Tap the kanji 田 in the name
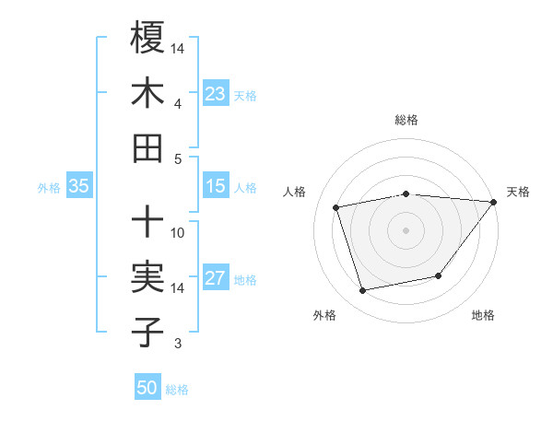click(x=147, y=147)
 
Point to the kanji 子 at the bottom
click(x=147, y=332)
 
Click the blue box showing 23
click(x=215, y=94)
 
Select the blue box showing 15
click(x=215, y=186)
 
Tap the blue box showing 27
click(x=215, y=278)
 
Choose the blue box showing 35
click(x=78, y=186)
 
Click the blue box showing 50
click(x=147, y=388)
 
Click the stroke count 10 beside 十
click(x=178, y=232)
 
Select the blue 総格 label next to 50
click(x=177, y=390)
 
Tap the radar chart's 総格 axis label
click(x=406, y=120)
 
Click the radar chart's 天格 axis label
click(x=518, y=192)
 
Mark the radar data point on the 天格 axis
click(x=493, y=203)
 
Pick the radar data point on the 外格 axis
click(x=363, y=291)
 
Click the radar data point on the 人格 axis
click(x=336, y=206)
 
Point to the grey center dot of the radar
click(x=406, y=229)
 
